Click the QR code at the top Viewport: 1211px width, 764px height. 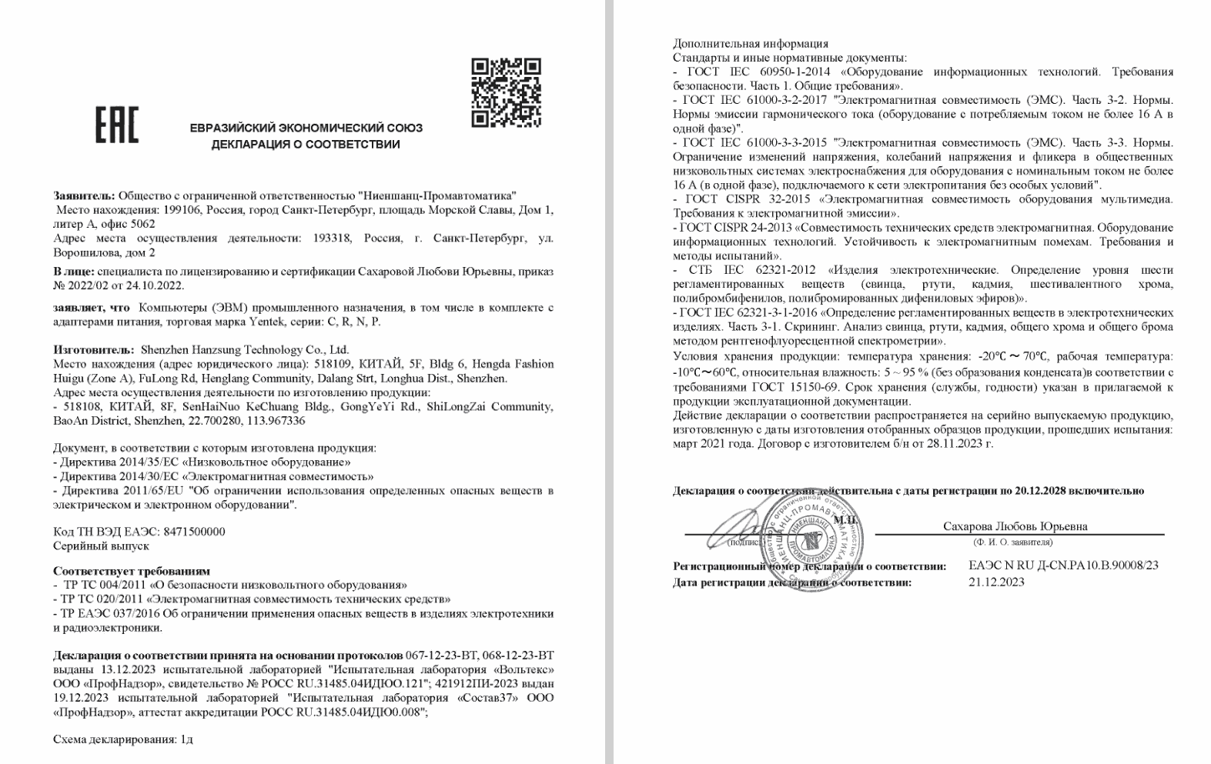point(506,92)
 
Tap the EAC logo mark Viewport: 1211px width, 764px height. point(116,125)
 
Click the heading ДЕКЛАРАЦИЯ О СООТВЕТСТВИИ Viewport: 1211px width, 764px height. point(306,145)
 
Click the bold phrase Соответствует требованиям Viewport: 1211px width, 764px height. point(132,571)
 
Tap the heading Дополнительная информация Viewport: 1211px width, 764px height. point(751,44)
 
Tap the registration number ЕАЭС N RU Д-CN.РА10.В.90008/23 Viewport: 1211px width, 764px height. point(1063,565)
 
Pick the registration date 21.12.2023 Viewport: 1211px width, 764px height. point(996,582)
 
